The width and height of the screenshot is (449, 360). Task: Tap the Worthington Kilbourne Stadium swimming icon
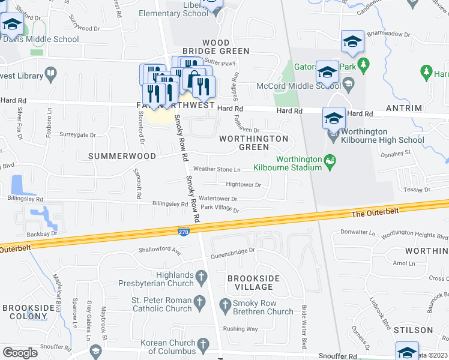(329, 160)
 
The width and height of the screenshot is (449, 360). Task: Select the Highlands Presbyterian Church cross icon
(202, 277)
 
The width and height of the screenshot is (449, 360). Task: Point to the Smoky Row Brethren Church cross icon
(226, 305)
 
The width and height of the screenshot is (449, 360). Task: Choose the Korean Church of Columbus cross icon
(203, 344)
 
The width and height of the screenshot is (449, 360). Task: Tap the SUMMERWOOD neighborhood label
(122, 156)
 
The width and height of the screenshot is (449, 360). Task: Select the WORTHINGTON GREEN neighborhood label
(254, 143)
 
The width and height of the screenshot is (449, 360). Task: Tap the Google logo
(20, 352)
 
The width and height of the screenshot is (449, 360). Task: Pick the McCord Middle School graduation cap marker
(327, 73)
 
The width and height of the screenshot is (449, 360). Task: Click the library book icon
(52, 76)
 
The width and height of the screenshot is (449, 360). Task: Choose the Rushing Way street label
(240, 329)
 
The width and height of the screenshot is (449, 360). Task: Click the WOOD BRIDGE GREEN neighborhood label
(225, 47)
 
